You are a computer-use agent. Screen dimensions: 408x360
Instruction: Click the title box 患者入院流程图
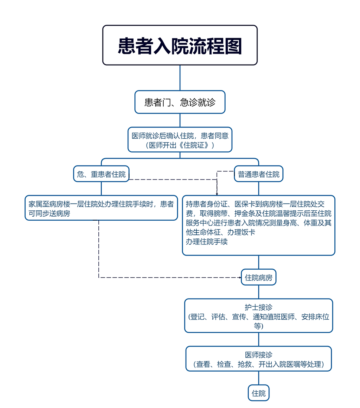coord(180,45)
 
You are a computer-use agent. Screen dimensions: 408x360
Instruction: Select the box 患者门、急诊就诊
coord(180,102)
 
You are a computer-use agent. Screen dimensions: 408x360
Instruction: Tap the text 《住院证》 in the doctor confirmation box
coord(196,145)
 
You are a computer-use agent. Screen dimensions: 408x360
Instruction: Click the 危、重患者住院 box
coord(101,174)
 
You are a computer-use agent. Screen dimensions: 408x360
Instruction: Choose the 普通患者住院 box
coord(259,174)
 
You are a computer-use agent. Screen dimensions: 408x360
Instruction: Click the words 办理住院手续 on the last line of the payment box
coord(207,242)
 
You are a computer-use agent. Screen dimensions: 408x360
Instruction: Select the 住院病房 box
coord(259,277)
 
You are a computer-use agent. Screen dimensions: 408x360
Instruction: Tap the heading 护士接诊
coord(259,307)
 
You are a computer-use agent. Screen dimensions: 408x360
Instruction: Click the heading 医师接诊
coord(259,355)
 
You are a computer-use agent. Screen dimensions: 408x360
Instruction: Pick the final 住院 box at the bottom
coord(259,393)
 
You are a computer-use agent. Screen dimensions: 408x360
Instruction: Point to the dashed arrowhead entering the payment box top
coord(217,194)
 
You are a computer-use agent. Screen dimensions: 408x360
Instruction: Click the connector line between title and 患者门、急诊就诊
coord(180,78)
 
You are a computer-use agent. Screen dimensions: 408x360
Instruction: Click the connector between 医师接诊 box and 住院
coord(259,379)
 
